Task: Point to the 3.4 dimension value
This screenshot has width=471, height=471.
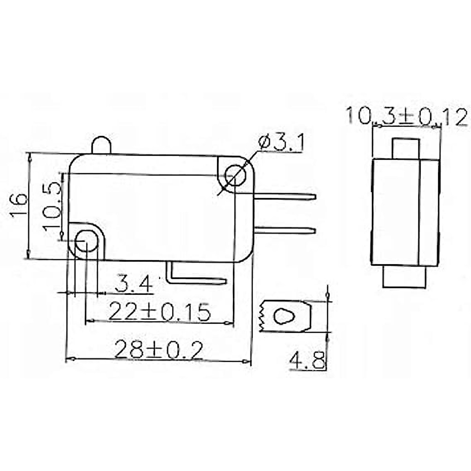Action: [x=133, y=283]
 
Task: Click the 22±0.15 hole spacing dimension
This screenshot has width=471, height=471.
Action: [x=159, y=311]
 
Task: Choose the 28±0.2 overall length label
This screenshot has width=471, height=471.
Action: [x=159, y=349]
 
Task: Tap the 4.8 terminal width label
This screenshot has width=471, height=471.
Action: [x=307, y=361]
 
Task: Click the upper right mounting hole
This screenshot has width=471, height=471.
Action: [x=235, y=175]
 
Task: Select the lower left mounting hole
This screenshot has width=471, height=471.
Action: [x=86, y=241]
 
